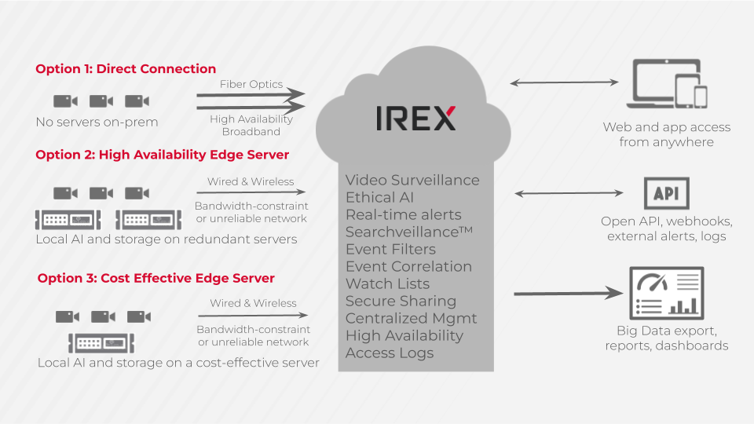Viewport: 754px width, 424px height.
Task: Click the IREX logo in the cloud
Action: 415,118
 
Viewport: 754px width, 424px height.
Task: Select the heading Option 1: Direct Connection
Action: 126,69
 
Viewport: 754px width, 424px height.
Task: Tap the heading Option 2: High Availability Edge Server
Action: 162,155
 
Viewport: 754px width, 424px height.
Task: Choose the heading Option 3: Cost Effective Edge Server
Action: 156,278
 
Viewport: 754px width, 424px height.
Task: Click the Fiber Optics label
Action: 251,84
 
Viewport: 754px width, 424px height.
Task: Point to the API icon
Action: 666,193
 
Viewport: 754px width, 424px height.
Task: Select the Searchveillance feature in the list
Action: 403,232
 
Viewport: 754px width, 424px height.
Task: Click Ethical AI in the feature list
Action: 379,197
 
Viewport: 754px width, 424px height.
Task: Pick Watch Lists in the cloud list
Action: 388,283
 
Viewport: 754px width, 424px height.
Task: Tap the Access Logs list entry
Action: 390,353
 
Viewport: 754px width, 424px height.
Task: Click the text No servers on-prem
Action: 97,122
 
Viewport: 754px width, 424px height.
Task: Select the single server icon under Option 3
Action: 101,342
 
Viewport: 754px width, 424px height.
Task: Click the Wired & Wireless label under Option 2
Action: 251,181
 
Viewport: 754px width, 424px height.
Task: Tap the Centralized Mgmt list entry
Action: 411,318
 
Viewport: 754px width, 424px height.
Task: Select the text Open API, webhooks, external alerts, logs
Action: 666,228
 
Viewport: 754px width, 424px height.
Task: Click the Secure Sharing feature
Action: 401,301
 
